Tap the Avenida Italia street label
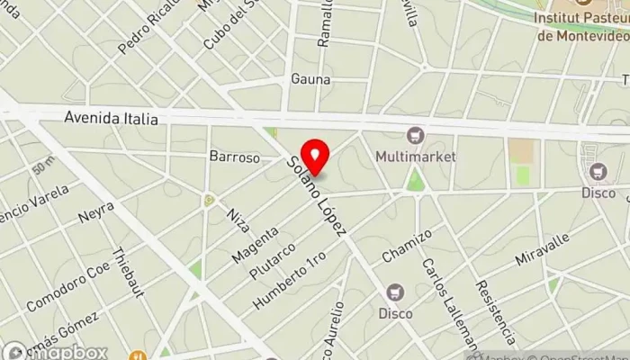112,118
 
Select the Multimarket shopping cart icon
415,136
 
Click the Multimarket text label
416,157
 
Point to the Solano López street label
316,196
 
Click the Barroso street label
234,157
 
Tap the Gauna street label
310,79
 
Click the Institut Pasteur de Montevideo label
582,25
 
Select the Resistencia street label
495,311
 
